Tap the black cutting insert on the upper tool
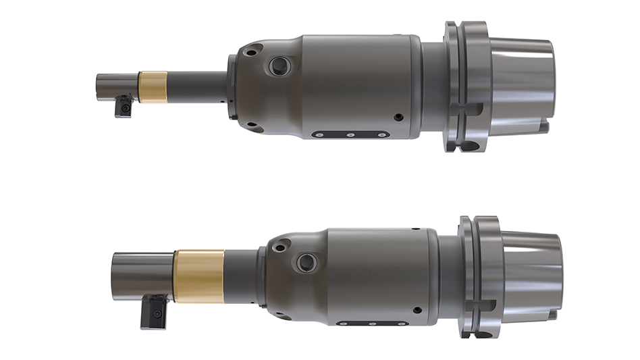124,107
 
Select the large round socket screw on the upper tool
277,66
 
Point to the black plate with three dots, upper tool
350,134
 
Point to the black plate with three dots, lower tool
371,324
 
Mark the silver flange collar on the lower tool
481,276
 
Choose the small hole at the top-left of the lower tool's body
279,243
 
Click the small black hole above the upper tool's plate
398,117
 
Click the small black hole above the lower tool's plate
417,310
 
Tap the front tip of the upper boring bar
99,86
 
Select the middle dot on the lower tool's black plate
371,324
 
